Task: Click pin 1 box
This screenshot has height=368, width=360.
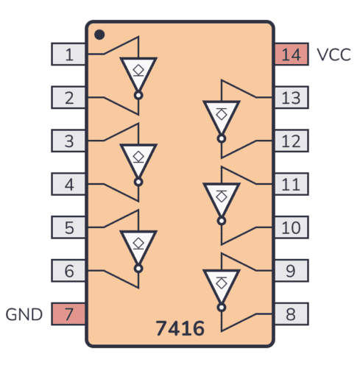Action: (68, 54)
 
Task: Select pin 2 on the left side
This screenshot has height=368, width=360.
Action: (68, 97)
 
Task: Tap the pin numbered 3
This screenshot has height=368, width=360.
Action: (68, 141)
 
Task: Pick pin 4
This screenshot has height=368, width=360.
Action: (68, 184)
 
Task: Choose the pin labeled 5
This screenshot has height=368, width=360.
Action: (68, 227)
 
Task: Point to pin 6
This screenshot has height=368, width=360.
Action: (68, 271)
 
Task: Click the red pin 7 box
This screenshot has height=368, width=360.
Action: (68, 314)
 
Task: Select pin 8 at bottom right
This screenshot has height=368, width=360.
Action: (291, 314)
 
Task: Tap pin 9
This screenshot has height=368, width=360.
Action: (291, 271)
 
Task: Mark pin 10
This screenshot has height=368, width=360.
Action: (291, 227)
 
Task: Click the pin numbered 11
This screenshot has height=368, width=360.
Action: (291, 184)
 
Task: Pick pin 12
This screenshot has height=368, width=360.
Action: (291, 141)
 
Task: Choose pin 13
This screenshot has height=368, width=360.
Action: (291, 97)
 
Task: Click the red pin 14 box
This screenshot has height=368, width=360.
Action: (291, 54)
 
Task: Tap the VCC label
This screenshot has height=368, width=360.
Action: (333, 54)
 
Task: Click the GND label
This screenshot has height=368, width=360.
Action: (25, 315)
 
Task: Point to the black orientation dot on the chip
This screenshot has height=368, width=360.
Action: (99, 34)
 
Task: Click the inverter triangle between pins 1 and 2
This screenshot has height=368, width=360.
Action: (138, 72)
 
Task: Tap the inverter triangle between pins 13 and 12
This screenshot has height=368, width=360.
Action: (221, 116)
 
